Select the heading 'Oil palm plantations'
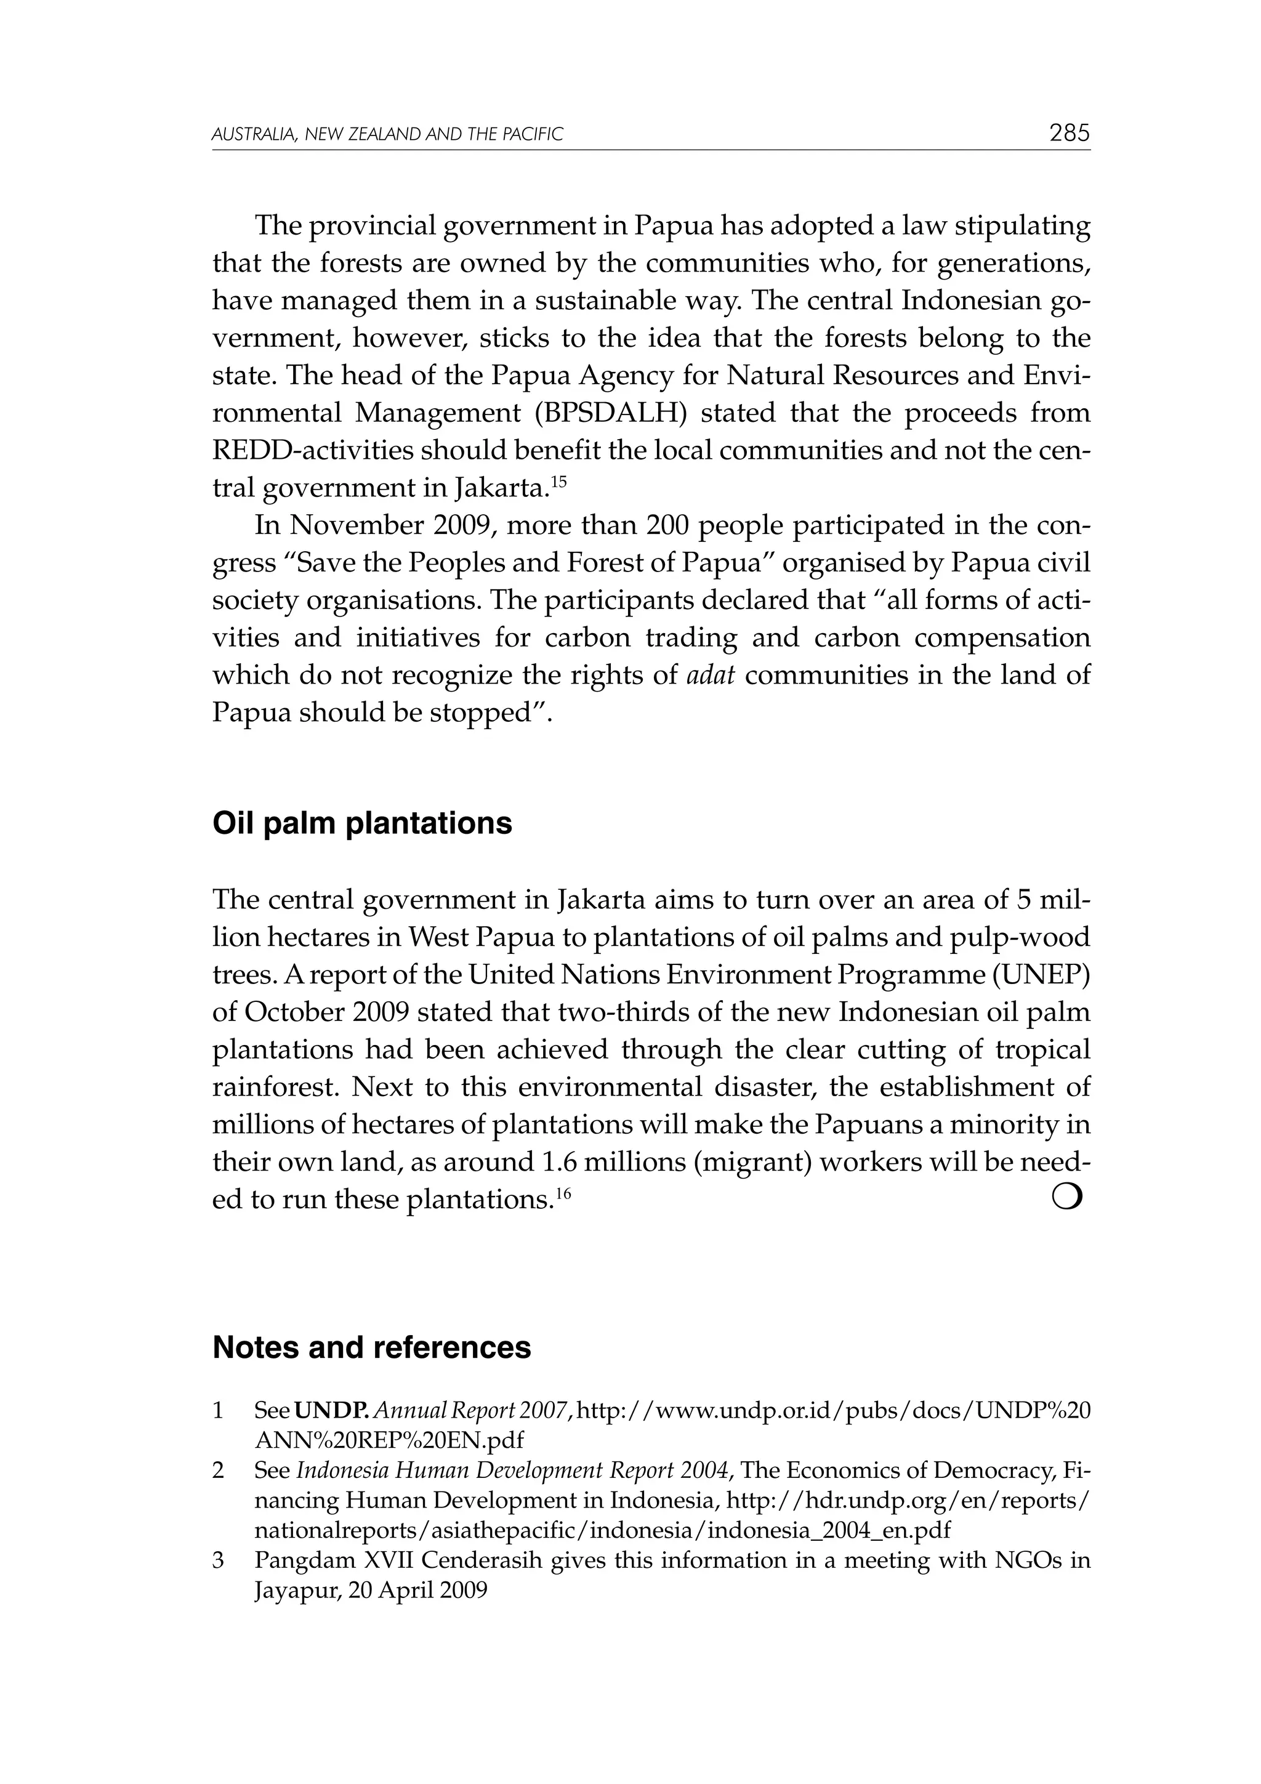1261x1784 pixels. click(x=362, y=823)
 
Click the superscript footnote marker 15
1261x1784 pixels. click(x=558, y=481)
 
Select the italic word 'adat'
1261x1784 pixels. click(x=711, y=675)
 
